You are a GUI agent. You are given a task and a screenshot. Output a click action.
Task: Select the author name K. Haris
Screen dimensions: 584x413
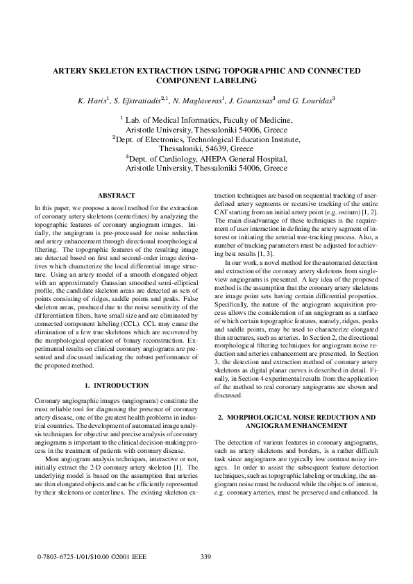(93, 100)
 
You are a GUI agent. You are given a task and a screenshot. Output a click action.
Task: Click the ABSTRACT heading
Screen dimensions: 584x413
(116, 196)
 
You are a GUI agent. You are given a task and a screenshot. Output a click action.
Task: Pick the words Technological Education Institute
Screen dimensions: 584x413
(240, 139)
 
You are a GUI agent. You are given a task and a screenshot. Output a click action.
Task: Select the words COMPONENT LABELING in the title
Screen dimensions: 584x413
(206, 80)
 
